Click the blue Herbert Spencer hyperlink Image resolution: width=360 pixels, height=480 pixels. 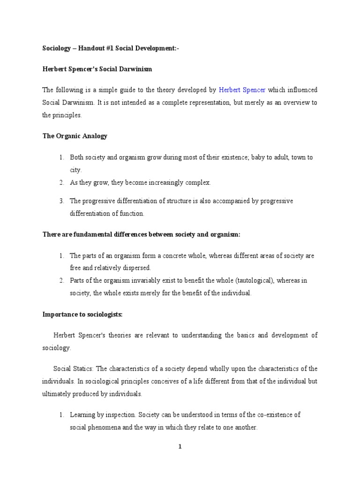pos(242,90)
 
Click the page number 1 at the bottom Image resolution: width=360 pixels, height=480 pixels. pos(180,447)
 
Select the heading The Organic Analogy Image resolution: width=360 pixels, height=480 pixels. pos(75,136)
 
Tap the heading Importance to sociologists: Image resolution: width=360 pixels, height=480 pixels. pos(82,315)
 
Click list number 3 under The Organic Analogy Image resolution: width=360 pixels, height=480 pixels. pos(61,201)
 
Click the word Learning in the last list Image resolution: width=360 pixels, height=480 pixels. pos(81,415)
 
